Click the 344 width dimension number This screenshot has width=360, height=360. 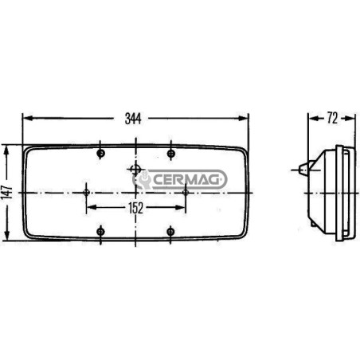click(133, 119)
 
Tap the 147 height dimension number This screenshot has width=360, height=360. click(7, 192)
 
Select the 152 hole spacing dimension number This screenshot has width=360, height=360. click(135, 208)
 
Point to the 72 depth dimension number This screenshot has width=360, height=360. click(332, 118)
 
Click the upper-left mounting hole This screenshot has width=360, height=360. click(100, 153)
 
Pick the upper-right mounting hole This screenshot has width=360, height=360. click(171, 153)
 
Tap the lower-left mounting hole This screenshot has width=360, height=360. click(100, 232)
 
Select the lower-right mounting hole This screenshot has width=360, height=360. click(170, 232)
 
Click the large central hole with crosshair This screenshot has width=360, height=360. click(135, 169)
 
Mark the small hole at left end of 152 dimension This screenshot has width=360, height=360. click(86, 192)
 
